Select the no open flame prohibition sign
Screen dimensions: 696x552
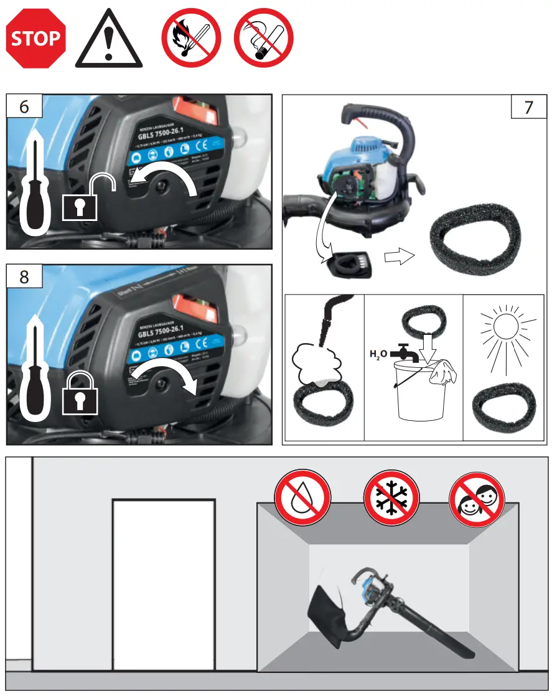191,38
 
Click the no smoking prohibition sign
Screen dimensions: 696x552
263,38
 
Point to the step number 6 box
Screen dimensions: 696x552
24,106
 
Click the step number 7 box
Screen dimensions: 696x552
528,107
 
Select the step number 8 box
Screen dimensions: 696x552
24,276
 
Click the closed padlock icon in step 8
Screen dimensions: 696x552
81,393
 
